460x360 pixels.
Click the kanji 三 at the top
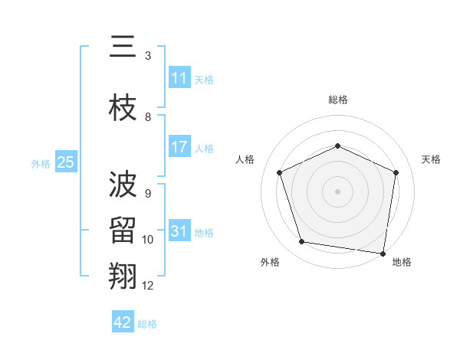(123, 47)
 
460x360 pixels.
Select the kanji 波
(123, 185)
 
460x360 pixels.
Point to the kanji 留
(123, 229)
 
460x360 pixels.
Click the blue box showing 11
(179, 78)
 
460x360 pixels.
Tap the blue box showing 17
(179, 147)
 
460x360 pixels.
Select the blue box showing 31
(179, 231)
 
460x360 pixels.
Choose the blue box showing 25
(66, 162)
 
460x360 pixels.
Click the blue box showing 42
(123, 322)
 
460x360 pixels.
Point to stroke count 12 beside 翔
(148, 285)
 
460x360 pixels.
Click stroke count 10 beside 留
(148, 240)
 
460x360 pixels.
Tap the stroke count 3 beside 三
(148, 56)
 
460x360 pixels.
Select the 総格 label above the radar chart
(338, 100)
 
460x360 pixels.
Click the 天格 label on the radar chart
(431, 159)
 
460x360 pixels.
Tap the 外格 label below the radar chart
(270, 262)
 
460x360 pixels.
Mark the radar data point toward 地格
(383, 253)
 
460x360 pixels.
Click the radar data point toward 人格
(280, 172)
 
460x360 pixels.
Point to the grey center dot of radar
(337, 191)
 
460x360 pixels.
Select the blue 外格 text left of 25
(40, 163)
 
